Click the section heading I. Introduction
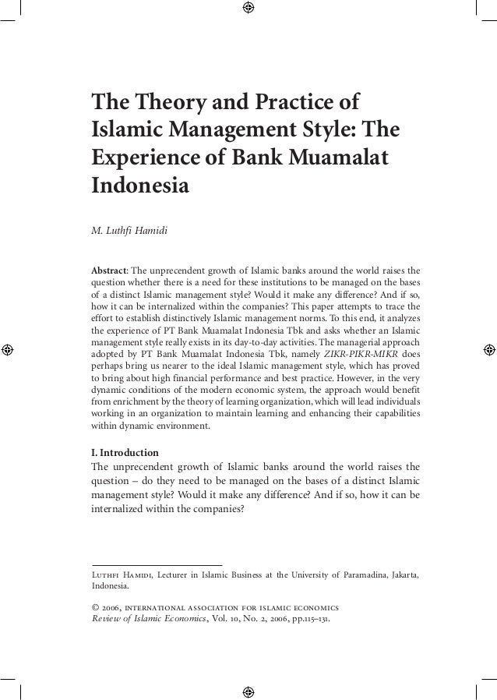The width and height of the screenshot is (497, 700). tap(125, 452)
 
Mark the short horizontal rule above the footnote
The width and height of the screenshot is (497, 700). tap(157, 564)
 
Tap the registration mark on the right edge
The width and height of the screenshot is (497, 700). tap(488, 348)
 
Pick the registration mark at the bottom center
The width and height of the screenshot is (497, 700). tap(248, 691)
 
